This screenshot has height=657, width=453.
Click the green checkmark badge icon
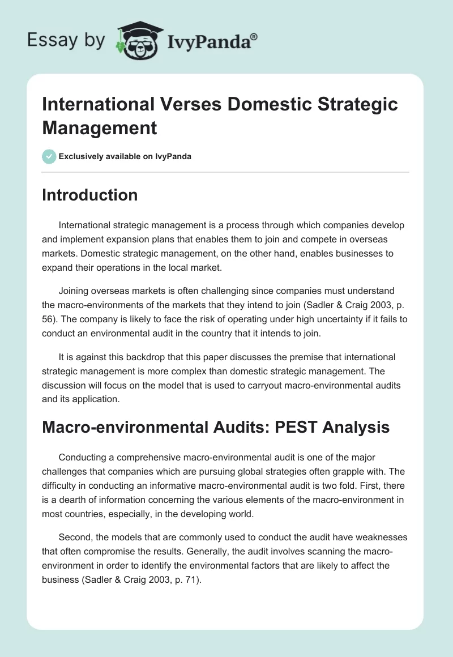point(49,156)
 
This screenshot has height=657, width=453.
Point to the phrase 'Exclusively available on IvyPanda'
point(125,156)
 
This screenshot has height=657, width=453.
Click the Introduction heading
point(90,195)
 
